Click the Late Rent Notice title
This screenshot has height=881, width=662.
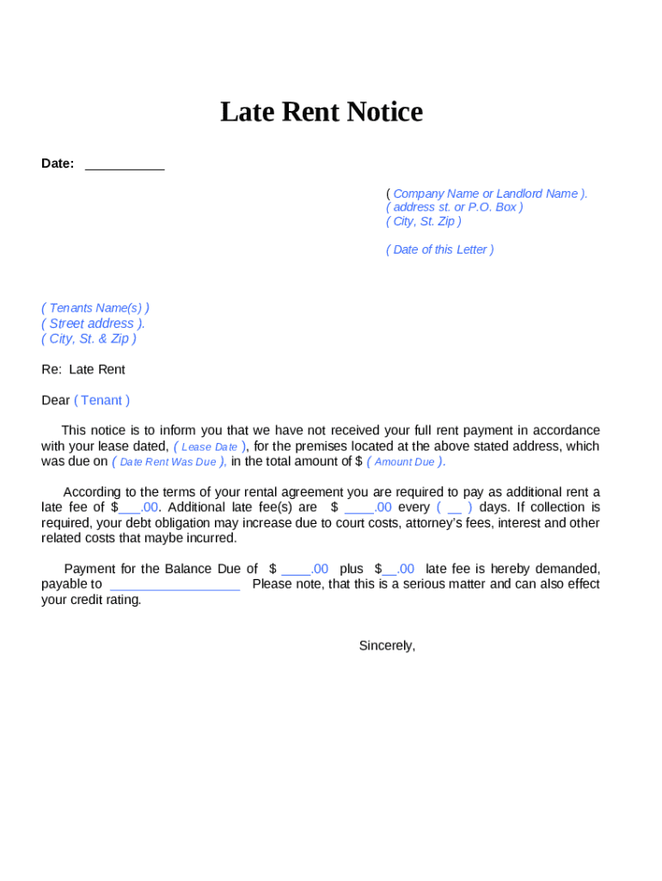322,113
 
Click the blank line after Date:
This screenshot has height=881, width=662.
125,164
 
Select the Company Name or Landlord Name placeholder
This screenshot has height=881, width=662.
487,194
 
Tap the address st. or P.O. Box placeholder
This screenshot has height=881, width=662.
454,207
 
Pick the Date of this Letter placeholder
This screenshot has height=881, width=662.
440,250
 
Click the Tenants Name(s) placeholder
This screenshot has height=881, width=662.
95,308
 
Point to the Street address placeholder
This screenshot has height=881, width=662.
93,323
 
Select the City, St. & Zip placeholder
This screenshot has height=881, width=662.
89,339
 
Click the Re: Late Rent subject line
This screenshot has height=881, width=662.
83,370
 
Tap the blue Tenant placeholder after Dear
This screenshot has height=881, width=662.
102,401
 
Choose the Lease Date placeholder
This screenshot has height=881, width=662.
210,447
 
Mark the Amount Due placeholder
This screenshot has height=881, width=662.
405,463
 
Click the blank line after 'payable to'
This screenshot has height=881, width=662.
175,585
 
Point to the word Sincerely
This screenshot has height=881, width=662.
387,646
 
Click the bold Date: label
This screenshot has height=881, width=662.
58,163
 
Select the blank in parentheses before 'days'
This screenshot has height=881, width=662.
454,508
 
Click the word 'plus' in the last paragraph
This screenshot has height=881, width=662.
352,570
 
